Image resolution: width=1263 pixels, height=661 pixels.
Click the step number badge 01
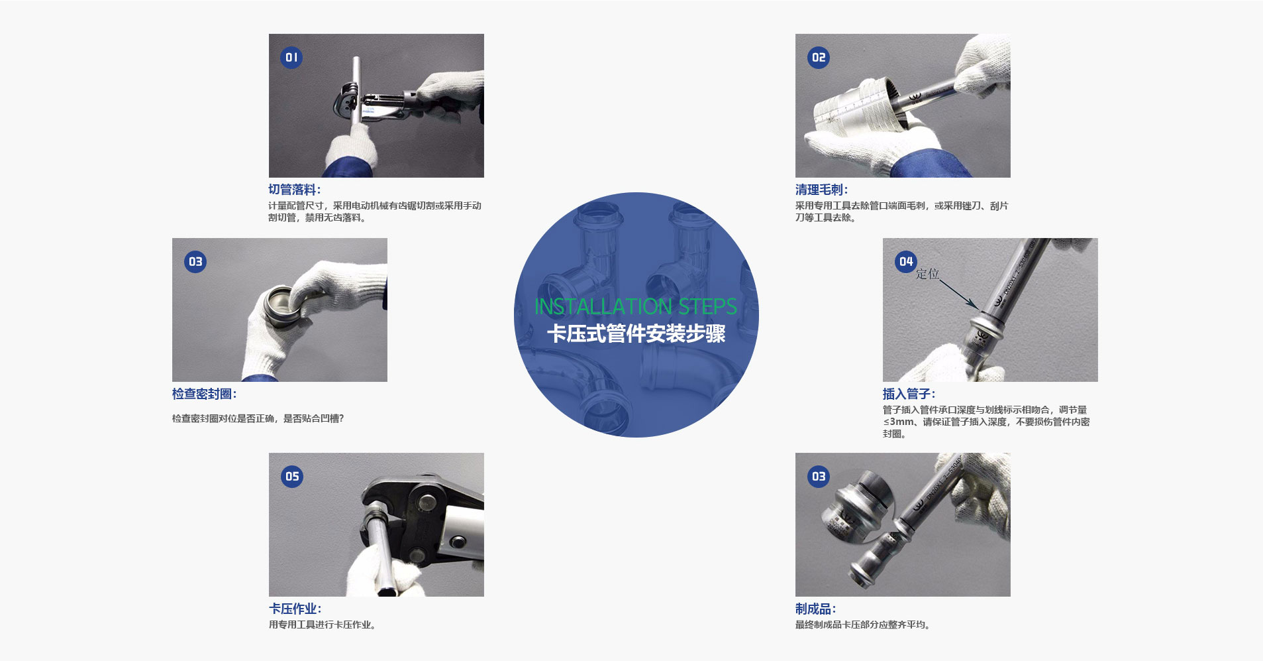click(x=291, y=58)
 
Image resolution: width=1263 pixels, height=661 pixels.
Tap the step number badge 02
click(x=819, y=58)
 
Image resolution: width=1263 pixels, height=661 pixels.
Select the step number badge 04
click(x=906, y=262)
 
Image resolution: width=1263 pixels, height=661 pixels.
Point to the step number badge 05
click(x=292, y=477)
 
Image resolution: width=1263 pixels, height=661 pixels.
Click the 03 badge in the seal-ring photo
click(x=195, y=262)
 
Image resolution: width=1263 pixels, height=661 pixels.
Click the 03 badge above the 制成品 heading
click(x=819, y=477)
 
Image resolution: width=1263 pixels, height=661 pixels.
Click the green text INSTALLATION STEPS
click(x=636, y=306)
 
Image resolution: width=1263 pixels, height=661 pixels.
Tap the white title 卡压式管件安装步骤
click(x=636, y=333)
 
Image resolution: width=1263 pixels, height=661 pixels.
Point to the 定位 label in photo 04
click(x=927, y=274)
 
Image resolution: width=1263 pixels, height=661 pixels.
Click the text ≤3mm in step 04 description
click(x=899, y=422)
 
